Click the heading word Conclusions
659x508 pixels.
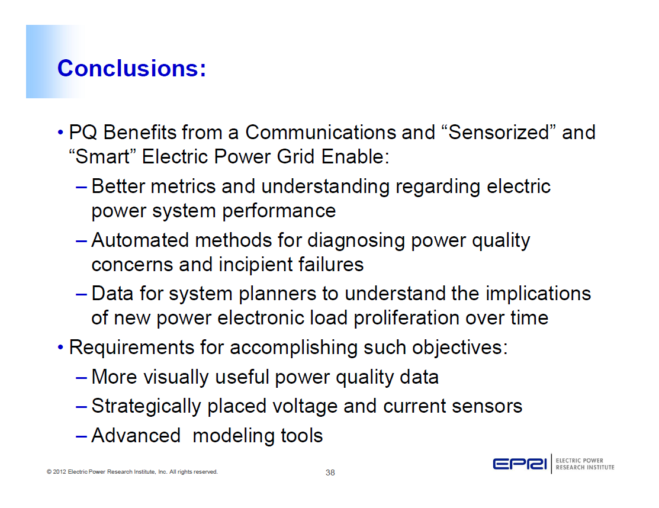click(131, 69)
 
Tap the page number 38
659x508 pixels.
click(330, 472)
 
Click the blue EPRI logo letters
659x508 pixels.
click(520, 464)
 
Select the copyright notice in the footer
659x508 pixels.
click(132, 472)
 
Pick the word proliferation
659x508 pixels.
click(407, 318)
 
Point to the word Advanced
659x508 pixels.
click(136, 436)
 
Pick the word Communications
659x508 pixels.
click(320, 133)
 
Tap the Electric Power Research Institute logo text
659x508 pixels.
click(585, 464)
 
